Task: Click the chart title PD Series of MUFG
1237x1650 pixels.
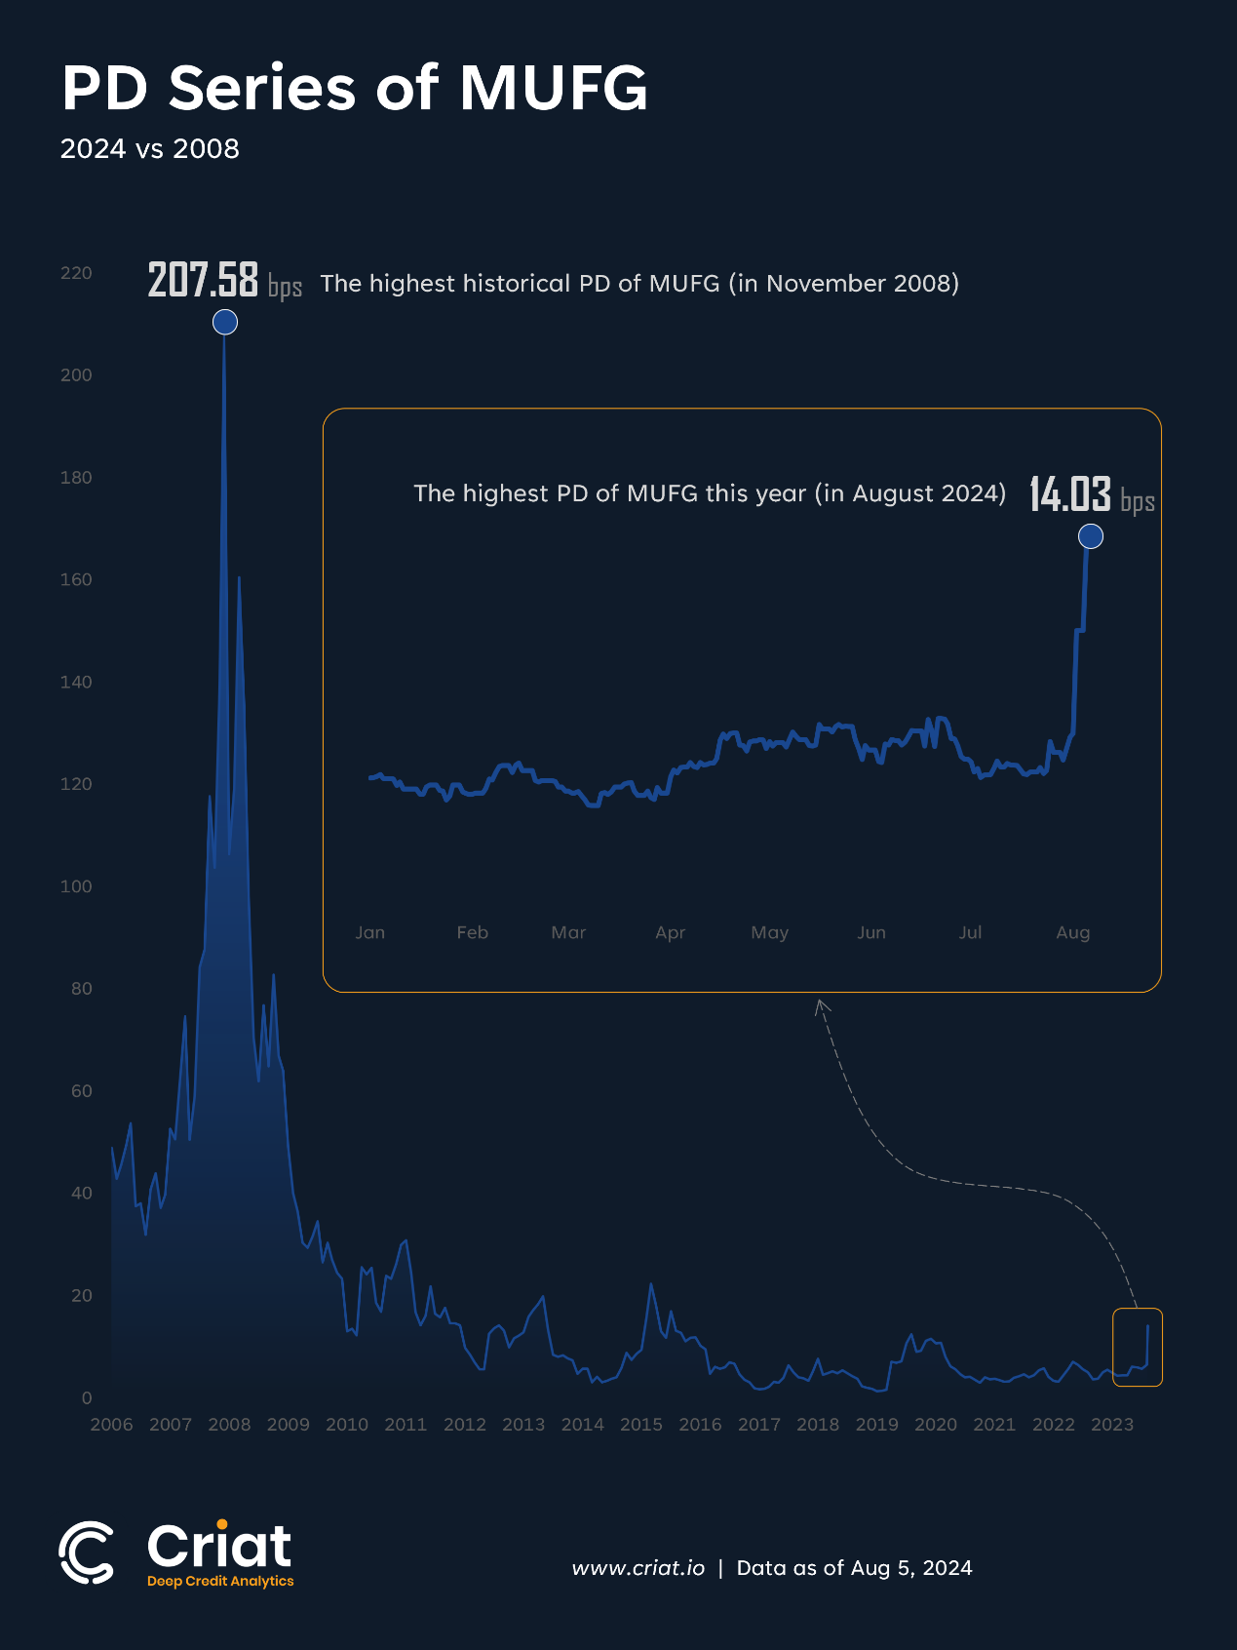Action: tap(354, 88)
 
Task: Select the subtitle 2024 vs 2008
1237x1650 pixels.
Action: tap(149, 149)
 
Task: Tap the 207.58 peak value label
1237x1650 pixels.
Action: tap(203, 280)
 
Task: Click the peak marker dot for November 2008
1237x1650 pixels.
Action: tap(225, 322)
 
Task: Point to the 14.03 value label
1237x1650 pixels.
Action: tap(1070, 494)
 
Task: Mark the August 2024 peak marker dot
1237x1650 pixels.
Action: tap(1091, 536)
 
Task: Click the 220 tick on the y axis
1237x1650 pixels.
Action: tap(76, 273)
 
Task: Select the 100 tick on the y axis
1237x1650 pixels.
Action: tap(76, 886)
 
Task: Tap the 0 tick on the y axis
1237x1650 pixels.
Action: tap(87, 1397)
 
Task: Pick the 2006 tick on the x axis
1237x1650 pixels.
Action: tap(111, 1425)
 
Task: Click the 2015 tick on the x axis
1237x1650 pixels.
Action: tap(641, 1425)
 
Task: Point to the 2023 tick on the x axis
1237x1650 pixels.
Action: tap(1112, 1425)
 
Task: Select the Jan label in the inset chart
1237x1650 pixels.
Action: tap(370, 932)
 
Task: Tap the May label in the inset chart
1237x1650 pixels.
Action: tap(770, 932)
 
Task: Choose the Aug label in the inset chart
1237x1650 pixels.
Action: tap(1073, 932)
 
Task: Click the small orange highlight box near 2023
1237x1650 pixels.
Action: tap(1138, 1347)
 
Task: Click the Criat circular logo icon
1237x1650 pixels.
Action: tap(87, 1552)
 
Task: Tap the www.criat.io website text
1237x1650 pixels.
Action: tap(638, 1568)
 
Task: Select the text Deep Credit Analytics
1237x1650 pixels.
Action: tap(220, 1581)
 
